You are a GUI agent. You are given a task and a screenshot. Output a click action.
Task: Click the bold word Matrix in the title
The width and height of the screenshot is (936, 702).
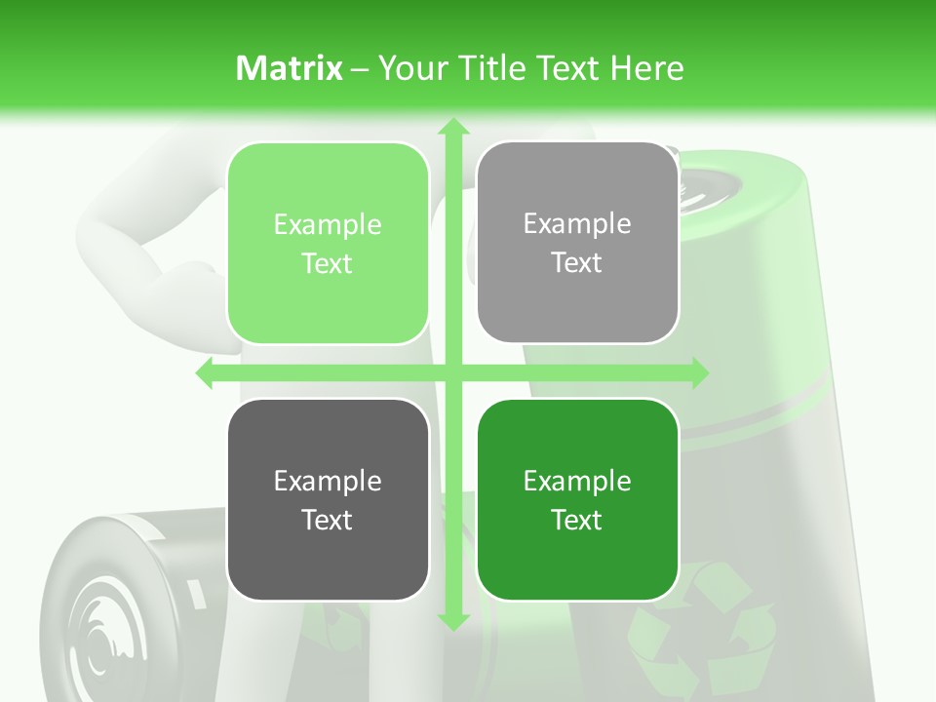point(290,68)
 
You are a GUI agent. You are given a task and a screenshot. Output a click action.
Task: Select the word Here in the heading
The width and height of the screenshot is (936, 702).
point(646,68)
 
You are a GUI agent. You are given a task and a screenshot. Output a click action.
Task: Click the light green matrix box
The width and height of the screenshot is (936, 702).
point(328,244)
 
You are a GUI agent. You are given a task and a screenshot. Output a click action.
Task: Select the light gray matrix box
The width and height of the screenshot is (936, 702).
point(577,244)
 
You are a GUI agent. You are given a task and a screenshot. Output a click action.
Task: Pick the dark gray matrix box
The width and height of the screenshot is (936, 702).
point(328,499)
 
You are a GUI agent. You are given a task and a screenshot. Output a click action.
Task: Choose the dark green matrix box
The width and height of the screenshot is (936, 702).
point(577,499)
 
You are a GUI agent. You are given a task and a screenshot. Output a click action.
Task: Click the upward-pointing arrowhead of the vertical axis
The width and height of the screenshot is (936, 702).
point(452,127)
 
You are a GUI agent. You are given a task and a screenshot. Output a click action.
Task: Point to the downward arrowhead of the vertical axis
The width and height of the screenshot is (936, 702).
point(452,620)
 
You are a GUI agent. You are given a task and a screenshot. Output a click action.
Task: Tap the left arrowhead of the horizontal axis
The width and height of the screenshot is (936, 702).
point(205,373)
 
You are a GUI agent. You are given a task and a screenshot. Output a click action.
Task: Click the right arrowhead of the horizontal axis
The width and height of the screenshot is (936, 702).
point(698,373)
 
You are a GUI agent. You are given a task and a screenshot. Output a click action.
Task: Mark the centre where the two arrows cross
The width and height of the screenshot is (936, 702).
point(452,373)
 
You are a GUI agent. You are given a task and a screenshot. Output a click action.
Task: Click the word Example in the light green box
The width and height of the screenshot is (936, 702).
point(328,225)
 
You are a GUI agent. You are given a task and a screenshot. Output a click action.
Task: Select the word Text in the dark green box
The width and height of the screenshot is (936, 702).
point(577,520)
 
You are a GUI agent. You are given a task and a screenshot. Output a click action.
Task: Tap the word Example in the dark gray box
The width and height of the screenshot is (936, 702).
point(328,481)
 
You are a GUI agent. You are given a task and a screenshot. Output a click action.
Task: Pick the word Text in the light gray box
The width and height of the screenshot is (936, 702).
point(577,263)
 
